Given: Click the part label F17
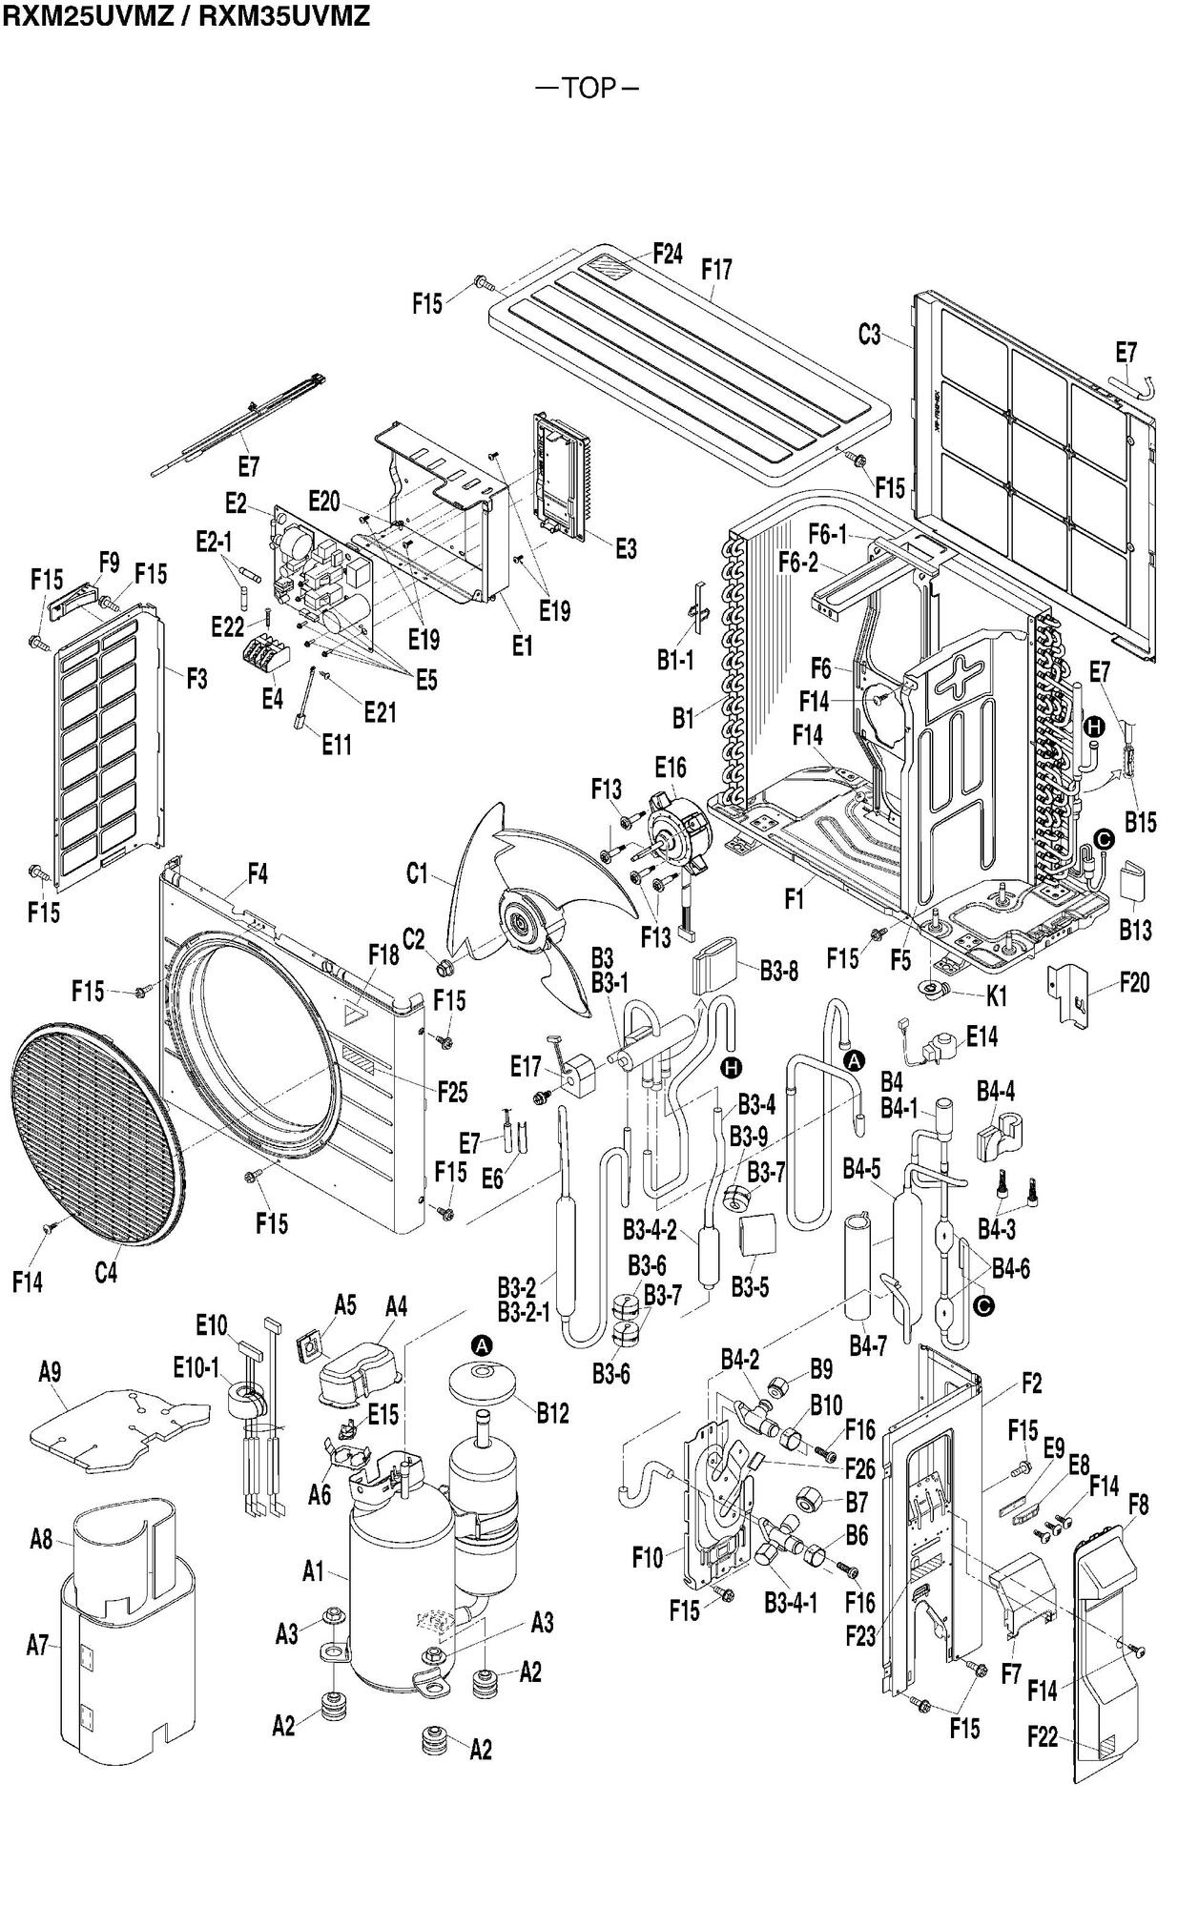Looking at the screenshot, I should coord(716,270).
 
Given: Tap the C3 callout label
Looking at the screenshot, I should coord(869,335).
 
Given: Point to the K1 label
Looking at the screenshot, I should coord(996,997).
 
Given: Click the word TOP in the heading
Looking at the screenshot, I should coord(589,88).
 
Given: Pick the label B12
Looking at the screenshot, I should coord(552,1413).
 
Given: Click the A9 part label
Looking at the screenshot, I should coord(50,1372).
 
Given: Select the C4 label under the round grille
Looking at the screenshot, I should coord(106,1272).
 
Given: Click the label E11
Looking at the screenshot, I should coord(336,744).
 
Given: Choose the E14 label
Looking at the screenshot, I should coord(982,1036).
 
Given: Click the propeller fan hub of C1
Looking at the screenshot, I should coord(522,922).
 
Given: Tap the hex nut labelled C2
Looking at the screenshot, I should coord(444,969).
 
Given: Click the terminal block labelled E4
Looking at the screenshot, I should coord(269,658).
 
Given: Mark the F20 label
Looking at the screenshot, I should coord(1134,982).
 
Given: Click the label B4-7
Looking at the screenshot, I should coord(868,1346).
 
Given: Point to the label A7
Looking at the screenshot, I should coord(37,1644).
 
